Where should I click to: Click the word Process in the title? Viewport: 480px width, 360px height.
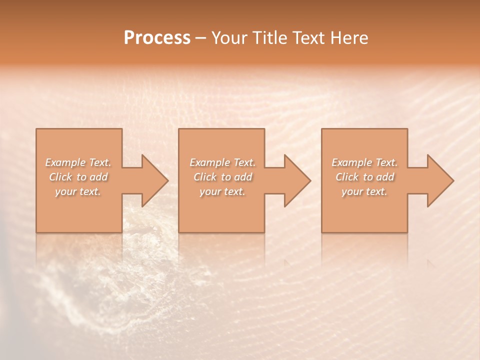157,38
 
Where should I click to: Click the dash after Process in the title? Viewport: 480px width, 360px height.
200,38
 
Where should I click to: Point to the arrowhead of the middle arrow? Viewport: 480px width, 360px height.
297,180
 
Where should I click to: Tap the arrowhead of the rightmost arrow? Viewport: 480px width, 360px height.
440,180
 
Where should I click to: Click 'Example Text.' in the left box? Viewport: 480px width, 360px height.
78,162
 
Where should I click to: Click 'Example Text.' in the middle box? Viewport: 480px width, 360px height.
222,162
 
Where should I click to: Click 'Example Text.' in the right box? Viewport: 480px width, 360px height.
364,162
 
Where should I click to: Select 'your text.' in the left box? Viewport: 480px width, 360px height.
78,191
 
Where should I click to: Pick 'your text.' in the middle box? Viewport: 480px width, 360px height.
222,191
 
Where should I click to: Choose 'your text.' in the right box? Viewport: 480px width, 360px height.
364,191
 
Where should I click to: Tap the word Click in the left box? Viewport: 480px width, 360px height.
60,177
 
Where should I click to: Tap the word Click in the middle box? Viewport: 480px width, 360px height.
205,177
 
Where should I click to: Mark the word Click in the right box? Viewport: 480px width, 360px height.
347,177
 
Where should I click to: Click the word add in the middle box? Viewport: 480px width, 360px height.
243,177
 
